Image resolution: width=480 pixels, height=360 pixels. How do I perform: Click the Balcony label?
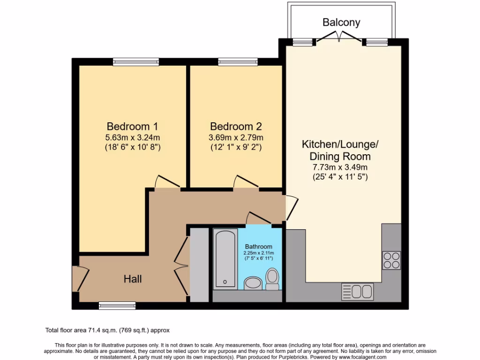tap(341, 22)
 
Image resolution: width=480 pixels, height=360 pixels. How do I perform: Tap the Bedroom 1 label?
tap(132, 126)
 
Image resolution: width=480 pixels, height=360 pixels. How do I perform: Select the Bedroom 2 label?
tap(236, 126)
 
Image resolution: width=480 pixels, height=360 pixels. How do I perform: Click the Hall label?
tap(133, 279)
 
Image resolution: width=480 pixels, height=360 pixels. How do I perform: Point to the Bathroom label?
tap(258, 247)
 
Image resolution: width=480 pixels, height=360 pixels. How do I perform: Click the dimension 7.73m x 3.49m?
tap(340, 167)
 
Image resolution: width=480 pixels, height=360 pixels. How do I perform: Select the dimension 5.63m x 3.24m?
tap(132, 138)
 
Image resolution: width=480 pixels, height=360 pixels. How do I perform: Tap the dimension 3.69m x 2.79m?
tap(236, 138)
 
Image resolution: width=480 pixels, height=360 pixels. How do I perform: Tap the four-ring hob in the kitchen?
tap(391, 260)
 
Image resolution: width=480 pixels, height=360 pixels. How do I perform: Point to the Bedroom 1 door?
tap(166, 183)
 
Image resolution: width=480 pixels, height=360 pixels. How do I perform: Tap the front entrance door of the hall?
tap(80, 278)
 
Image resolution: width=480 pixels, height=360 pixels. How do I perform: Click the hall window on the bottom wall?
tap(117, 306)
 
